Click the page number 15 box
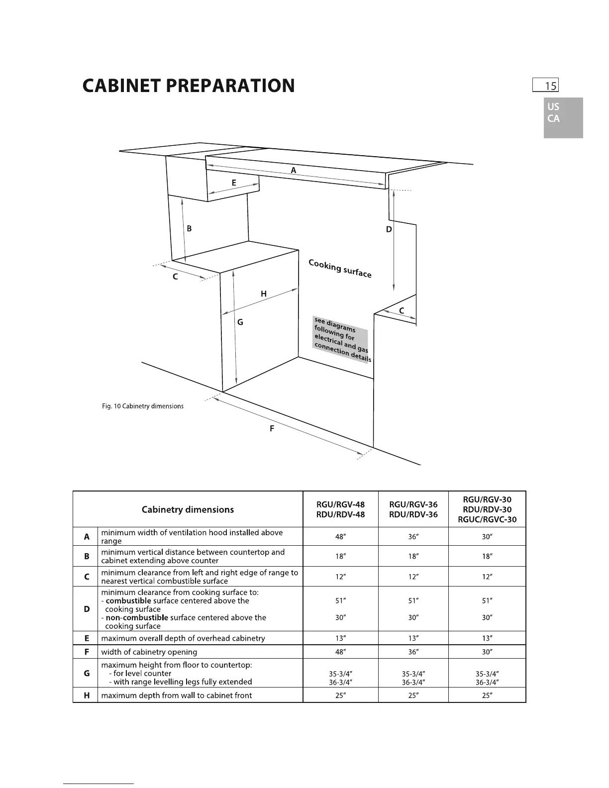(x=545, y=86)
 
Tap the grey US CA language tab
(x=563, y=117)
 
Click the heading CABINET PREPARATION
(x=189, y=86)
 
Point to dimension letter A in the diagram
(x=294, y=170)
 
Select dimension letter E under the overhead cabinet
(x=233, y=183)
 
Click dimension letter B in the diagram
(x=189, y=228)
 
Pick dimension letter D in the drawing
(x=389, y=229)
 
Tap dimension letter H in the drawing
(x=264, y=294)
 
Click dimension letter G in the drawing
(x=240, y=322)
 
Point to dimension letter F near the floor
(x=272, y=428)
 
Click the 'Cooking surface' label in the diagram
(x=340, y=269)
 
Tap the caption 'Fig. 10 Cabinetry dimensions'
(x=143, y=406)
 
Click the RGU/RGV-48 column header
(x=340, y=509)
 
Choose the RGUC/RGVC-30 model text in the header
(x=487, y=519)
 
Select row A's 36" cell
(x=413, y=537)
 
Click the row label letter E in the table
(x=87, y=638)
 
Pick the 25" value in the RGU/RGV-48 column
(x=340, y=695)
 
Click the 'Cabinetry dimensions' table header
(x=188, y=509)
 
